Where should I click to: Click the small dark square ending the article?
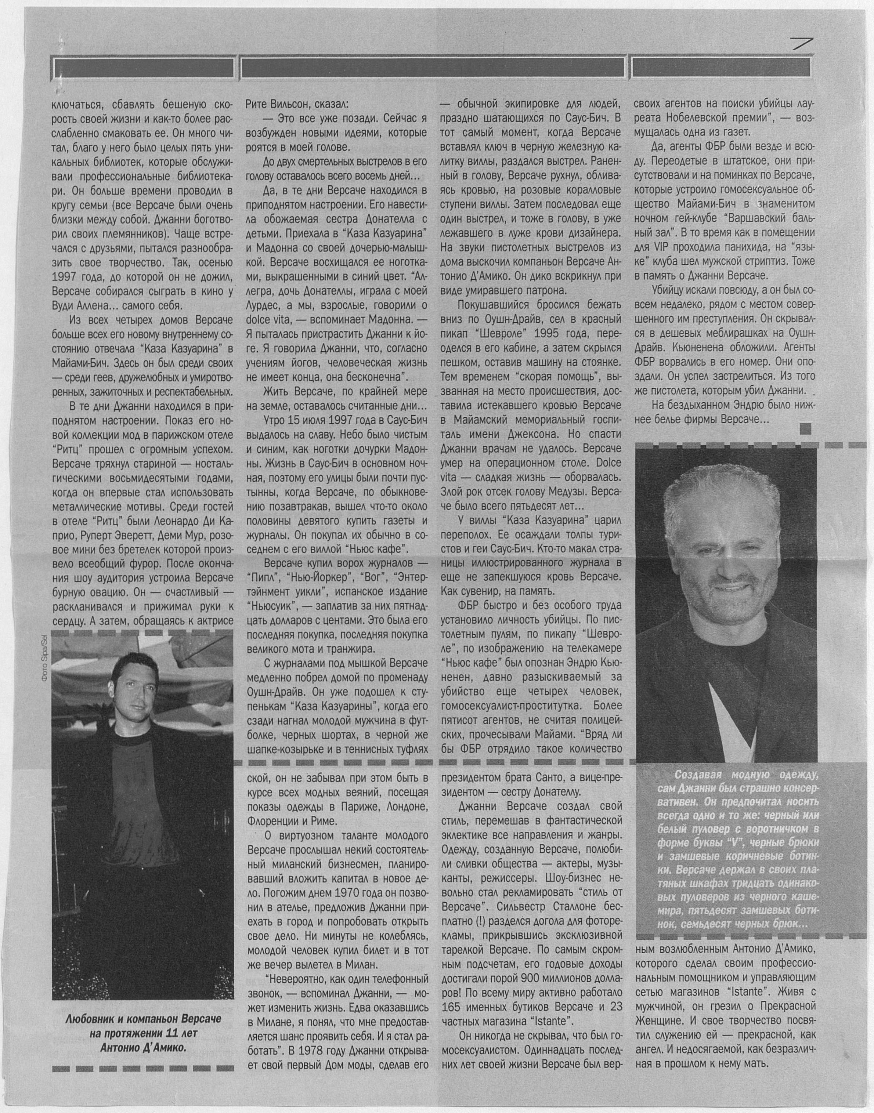pos(805,428)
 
